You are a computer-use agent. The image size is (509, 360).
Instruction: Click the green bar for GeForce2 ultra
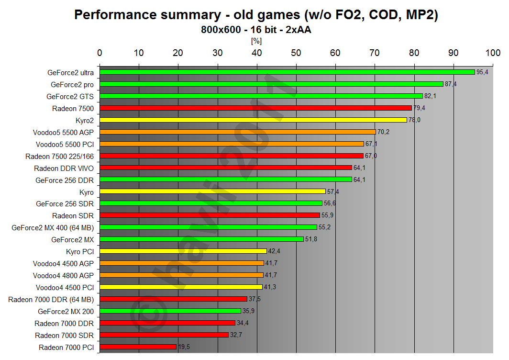tap(287, 72)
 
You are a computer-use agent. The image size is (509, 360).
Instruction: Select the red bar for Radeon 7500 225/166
tap(232, 156)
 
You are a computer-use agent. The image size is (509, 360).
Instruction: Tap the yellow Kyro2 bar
tap(253, 120)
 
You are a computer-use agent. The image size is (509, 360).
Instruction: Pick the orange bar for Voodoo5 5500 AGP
tap(238, 132)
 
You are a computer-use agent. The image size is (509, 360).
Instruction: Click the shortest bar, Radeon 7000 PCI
tap(138, 347)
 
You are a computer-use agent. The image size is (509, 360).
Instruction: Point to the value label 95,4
tap(482, 72)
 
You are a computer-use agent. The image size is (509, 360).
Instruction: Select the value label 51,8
tap(311, 239)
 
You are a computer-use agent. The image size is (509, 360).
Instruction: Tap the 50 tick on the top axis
tap(296, 53)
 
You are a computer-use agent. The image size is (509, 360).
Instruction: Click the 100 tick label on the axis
tap(492, 53)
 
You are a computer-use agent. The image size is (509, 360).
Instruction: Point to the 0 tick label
tap(100, 53)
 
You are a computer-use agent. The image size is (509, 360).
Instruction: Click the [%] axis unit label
tap(256, 41)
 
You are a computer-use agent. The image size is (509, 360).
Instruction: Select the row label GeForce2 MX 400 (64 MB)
tap(53, 228)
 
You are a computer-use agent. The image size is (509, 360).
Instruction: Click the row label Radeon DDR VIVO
tap(64, 168)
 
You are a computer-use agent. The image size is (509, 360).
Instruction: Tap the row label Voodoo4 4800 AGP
tap(63, 275)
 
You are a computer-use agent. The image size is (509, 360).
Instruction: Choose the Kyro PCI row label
tap(80, 251)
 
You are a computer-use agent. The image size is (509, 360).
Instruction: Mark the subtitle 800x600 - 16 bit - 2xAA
tap(256, 30)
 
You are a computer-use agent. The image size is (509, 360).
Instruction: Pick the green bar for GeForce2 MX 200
tap(170, 311)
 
